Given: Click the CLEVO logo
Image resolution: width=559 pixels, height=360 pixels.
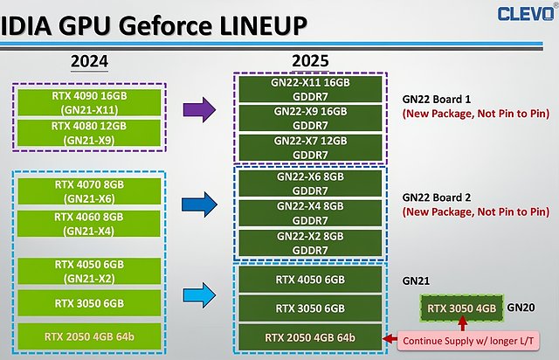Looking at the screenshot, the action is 527,13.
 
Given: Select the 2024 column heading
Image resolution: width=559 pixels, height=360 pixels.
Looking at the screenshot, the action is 89,61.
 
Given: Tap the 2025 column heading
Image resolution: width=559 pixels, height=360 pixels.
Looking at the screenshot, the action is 310,61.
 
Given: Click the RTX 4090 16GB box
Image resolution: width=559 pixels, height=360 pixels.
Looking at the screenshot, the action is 89,102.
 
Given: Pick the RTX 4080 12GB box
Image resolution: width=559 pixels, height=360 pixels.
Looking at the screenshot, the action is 89,133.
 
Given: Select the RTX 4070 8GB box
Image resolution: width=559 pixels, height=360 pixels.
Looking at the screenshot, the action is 89,191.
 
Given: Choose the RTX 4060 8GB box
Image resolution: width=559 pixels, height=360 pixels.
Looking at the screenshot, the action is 89,224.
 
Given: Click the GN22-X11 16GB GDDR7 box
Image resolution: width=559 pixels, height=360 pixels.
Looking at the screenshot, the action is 310,89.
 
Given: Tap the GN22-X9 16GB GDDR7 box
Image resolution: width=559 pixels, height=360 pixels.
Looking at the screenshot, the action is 310,118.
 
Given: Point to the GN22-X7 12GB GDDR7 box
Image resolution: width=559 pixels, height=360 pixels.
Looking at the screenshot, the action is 310,148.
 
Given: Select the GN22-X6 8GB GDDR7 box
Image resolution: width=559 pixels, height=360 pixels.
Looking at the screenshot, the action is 310,183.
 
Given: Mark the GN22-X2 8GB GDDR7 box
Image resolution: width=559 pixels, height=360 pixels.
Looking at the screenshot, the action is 310,243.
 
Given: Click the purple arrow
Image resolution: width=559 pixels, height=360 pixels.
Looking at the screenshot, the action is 199,109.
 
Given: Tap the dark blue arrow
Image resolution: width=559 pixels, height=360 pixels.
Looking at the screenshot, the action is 199,204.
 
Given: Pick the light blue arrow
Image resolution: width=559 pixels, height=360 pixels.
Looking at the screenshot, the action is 199,295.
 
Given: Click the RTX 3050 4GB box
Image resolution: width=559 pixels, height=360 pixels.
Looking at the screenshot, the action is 462,308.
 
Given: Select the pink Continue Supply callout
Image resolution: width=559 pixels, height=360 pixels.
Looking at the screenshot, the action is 468,341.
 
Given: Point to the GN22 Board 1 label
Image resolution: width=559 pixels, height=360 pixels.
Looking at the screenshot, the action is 437,99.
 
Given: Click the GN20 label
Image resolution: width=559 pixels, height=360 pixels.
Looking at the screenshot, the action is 521,308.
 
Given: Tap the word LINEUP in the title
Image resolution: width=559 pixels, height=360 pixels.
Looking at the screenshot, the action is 264,26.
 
